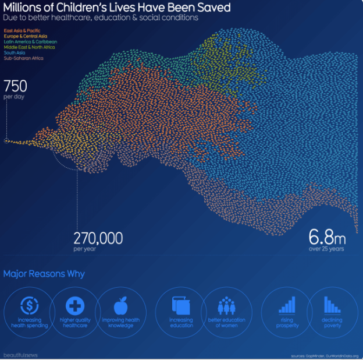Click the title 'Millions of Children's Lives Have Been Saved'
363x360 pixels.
(x=117, y=8)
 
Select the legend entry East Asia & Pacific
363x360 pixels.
(x=22, y=29)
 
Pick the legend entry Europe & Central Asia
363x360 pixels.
(x=25, y=36)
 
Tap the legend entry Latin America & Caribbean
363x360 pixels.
(x=30, y=41)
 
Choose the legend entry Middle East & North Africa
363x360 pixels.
(x=30, y=47)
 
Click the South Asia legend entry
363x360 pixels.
(x=15, y=52)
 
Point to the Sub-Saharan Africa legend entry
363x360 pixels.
(x=23, y=58)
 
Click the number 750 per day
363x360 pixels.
(x=15, y=87)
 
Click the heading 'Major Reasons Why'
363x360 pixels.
(x=44, y=274)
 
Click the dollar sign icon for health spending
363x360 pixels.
(x=29, y=305)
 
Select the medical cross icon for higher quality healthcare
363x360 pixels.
(x=74, y=305)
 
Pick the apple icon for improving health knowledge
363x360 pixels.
(x=121, y=305)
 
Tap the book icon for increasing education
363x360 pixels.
(x=180, y=306)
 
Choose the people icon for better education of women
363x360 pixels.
(x=226, y=306)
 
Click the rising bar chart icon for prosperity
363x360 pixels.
(x=287, y=305)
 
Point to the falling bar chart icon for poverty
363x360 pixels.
(x=332, y=305)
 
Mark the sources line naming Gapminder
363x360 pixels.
(x=324, y=355)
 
